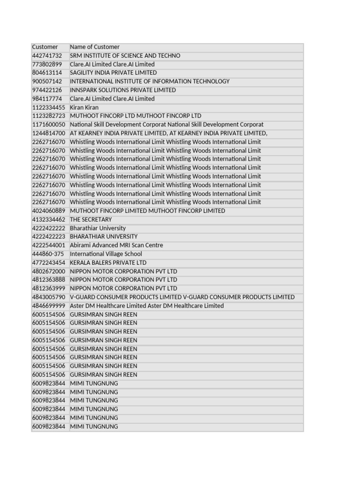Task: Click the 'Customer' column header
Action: click(45, 47)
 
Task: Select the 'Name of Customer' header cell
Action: click(95, 47)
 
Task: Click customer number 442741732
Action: click(47, 56)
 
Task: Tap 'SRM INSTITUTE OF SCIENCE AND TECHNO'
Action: click(125, 56)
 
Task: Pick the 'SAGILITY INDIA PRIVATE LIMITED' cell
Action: click(113, 73)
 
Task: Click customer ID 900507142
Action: click(47, 82)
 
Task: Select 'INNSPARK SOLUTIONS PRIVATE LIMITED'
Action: click(123, 90)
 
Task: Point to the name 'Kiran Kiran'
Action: click(84, 107)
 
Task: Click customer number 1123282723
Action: click(49, 116)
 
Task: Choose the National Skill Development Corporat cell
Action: click(166, 125)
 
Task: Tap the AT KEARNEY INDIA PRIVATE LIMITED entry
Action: click(169, 133)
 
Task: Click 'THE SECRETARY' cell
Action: click(91, 219)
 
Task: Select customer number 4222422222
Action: click(49, 228)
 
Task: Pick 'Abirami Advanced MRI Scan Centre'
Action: click(116, 245)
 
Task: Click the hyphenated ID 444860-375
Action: click(48, 254)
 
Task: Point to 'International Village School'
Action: click(106, 254)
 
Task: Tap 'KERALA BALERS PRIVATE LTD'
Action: click(108, 262)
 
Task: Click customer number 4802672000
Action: click(49, 271)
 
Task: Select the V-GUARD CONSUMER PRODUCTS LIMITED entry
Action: click(182, 297)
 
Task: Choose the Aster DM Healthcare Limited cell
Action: click(147, 306)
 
